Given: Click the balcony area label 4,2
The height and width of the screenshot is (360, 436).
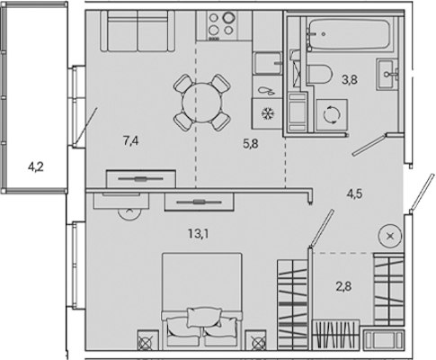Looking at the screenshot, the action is (x=36, y=167).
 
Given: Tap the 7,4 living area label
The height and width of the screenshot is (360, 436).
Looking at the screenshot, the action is (x=131, y=140).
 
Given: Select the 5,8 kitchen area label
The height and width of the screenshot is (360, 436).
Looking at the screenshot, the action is (x=251, y=144).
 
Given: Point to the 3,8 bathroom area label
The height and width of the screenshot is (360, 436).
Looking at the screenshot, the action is (x=350, y=80).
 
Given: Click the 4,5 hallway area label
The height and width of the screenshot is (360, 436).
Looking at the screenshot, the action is (x=355, y=193).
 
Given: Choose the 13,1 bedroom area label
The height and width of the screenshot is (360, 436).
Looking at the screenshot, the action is (x=199, y=234).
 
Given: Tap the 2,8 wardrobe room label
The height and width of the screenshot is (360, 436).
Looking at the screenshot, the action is (x=343, y=286).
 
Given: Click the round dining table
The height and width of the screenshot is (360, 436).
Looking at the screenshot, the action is (x=202, y=103).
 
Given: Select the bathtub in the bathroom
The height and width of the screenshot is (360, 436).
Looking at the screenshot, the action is (x=350, y=35).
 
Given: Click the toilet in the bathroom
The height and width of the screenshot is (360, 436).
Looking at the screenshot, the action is (x=320, y=74).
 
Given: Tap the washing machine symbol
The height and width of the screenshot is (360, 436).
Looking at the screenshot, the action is (x=332, y=115).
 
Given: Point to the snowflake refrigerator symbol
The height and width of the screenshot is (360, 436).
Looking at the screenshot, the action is (x=266, y=113).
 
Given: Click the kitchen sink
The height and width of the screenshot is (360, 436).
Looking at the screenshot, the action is (x=268, y=63).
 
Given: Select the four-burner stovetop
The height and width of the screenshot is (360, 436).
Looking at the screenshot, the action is (x=221, y=24).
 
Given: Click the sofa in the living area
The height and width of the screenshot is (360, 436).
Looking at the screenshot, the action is (x=138, y=31).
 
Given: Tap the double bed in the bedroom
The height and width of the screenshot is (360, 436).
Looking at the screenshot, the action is (x=201, y=301).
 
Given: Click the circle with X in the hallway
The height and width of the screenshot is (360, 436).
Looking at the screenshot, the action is (x=390, y=237).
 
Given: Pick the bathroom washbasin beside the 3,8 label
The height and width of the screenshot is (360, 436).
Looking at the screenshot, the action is (x=387, y=75).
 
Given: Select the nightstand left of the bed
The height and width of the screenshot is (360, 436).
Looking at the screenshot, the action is (x=147, y=340).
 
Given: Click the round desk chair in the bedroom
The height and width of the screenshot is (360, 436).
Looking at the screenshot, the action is (x=129, y=213).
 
